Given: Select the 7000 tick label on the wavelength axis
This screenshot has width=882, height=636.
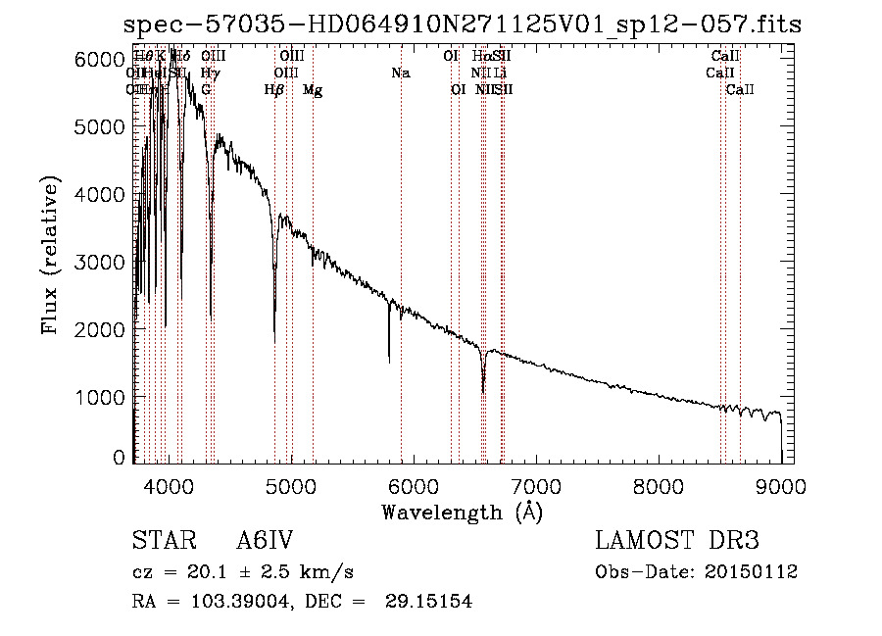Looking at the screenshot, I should pos(536,484).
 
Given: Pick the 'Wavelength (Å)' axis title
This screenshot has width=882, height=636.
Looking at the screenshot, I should pos(462,512).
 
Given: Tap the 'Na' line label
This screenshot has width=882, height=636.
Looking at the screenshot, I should pos(400,73).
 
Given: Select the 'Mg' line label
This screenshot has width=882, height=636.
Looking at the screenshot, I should pos(313,90).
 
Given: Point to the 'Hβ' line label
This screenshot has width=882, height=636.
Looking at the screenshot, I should pos(274,90).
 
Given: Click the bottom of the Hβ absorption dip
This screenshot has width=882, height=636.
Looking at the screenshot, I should pos(274,339).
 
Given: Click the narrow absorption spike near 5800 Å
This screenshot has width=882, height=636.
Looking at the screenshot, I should pos(389,361).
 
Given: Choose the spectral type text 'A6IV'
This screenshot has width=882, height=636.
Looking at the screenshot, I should pos(266,541).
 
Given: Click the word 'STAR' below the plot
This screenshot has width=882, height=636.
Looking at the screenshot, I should pos(160,541).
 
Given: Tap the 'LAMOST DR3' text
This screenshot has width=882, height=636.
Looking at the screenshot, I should pos(677,541).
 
